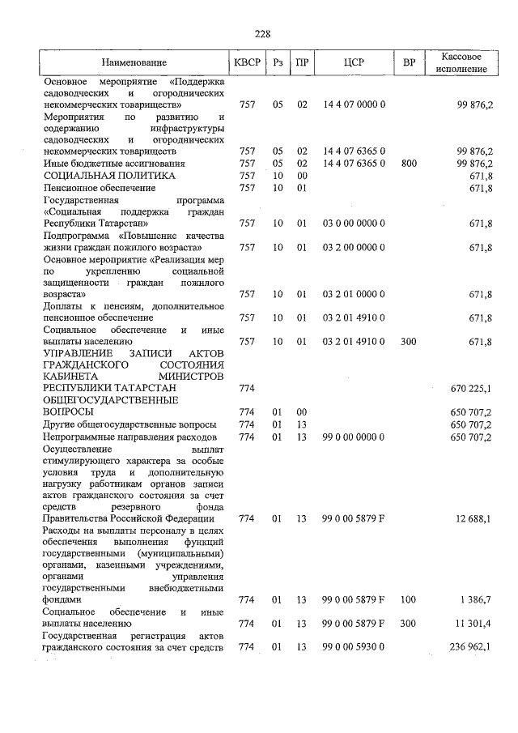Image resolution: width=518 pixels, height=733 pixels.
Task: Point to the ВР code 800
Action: tap(409, 164)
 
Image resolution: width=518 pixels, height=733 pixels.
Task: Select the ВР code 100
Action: tap(409, 599)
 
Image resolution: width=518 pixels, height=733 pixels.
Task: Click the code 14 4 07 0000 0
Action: tap(354, 105)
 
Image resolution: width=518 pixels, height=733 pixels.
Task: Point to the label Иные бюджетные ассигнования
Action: tap(114, 164)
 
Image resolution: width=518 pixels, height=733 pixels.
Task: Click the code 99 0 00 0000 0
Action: tap(354, 436)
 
